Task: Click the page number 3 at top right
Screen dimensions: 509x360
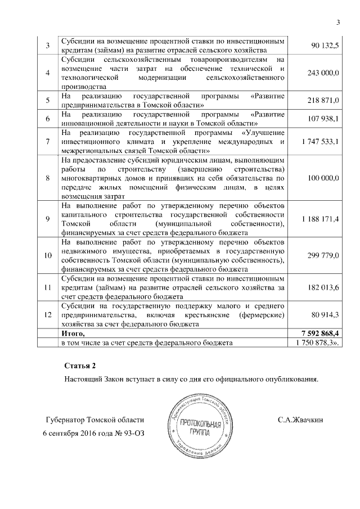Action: (338, 22)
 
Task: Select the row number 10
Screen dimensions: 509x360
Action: (47, 255)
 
